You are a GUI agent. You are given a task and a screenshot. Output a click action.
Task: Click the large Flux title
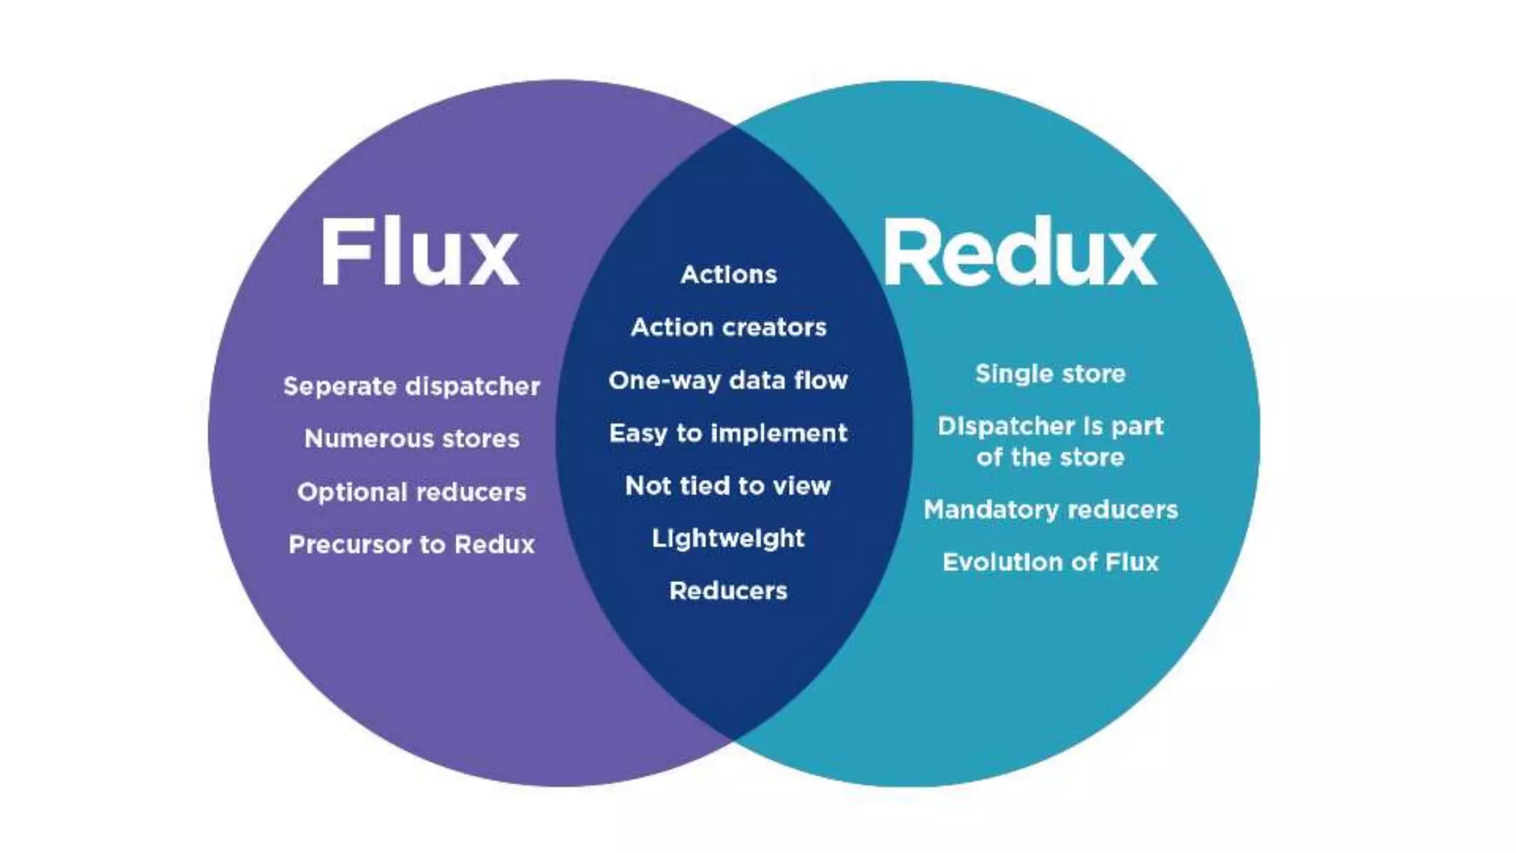point(419,252)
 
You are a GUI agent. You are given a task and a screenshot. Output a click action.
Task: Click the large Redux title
point(1019,253)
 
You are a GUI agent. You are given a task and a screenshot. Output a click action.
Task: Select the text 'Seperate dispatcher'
point(412,387)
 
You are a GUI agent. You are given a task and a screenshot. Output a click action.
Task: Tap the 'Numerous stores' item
point(412,439)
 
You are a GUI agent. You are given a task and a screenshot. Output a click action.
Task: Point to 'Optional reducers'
point(412,492)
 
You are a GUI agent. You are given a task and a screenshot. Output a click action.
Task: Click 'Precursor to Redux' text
point(412,545)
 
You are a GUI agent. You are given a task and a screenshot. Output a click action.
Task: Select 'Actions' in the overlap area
point(728,275)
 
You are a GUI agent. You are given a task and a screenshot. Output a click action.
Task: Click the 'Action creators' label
point(728,327)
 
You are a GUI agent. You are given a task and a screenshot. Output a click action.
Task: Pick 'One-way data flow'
point(728,381)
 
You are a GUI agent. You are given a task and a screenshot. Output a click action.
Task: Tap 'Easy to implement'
point(728,433)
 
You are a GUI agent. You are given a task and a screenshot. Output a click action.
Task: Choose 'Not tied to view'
point(728,486)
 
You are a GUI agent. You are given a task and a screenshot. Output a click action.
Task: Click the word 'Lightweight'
point(728,538)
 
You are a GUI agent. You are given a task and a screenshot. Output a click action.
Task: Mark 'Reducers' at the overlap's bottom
point(728,591)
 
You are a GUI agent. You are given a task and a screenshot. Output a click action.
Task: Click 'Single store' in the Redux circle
point(1050,374)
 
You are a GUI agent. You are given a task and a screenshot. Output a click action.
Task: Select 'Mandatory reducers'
point(1050,509)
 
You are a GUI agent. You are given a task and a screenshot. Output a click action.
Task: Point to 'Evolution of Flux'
point(1050,563)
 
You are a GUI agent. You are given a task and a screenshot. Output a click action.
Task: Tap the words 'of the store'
point(1050,458)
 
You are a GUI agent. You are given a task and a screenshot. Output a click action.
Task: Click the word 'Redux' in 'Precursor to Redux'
point(494,545)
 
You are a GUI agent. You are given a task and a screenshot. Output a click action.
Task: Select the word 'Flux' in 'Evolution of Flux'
point(1132,563)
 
